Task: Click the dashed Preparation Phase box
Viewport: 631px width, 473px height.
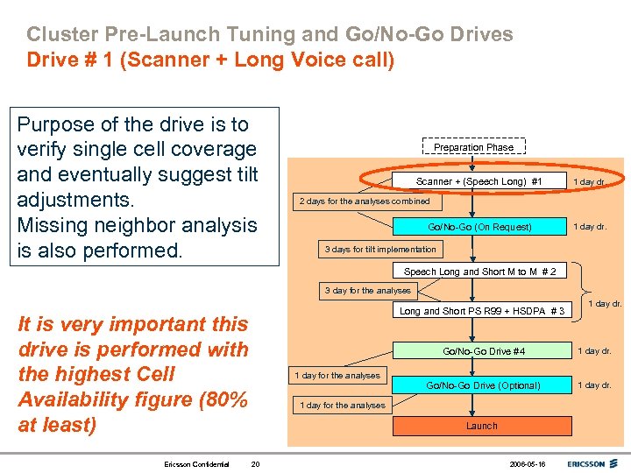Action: point(473,147)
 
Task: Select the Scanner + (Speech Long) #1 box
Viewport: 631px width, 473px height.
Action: point(479,181)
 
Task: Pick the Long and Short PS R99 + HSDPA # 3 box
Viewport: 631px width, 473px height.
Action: point(481,311)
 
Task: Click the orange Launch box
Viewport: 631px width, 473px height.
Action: point(481,426)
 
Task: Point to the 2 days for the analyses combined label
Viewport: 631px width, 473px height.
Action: point(365,201)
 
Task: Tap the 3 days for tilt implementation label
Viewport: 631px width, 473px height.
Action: point(380,250)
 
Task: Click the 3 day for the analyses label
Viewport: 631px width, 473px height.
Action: point(367,291)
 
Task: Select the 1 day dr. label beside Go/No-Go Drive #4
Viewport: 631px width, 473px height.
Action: point(594,351)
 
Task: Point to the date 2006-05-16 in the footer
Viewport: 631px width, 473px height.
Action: point(528,463)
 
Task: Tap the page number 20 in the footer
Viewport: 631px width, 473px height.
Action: point(255,463)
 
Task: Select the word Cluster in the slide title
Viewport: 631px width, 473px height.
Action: point(60,35)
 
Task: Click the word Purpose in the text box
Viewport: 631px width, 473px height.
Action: point(58,124)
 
